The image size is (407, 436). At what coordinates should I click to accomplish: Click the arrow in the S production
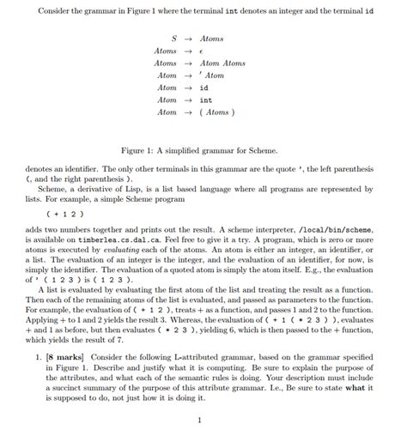click(187, 39)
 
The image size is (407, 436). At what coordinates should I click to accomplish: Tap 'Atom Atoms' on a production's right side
click(222, 64)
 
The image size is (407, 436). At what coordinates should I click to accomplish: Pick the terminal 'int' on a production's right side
click(206, 100)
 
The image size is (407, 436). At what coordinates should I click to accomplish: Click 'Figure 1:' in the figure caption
click(141, 148)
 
